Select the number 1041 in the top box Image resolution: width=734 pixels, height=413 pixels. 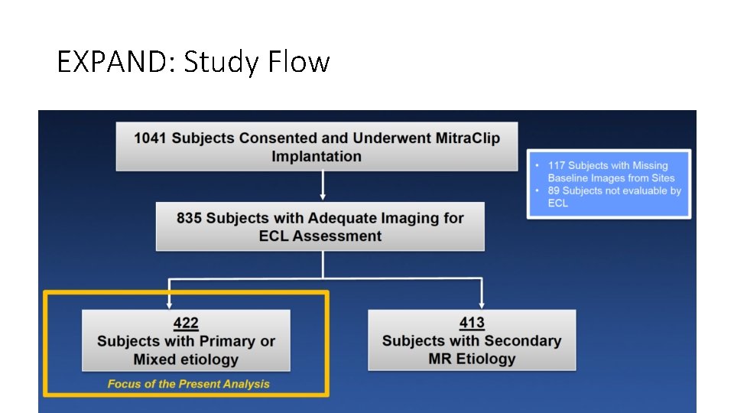pyautogui.click(x=151, y=138)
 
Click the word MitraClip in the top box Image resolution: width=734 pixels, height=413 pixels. pyautogui.click(x=469, y=138)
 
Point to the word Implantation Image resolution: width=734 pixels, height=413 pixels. pyautogui.click(x=317, y=157)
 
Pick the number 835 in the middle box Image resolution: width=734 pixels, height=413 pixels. pyautogui.click(x=189, y=218)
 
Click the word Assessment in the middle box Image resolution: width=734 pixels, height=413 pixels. pyautogui.click(x=336, y=236)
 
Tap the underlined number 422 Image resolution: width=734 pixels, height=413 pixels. pyautogui.click(x=186, y=324)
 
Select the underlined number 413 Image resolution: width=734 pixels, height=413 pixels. pyautogui.click(x=472, y=323)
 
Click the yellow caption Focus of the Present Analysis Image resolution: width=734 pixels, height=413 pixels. pyautogui.click(x=188, y=384)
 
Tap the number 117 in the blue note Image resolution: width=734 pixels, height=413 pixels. pyautogui.click(x=557, y=165)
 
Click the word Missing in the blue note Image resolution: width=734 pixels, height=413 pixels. pyautogui.click(x=650, y=165)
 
